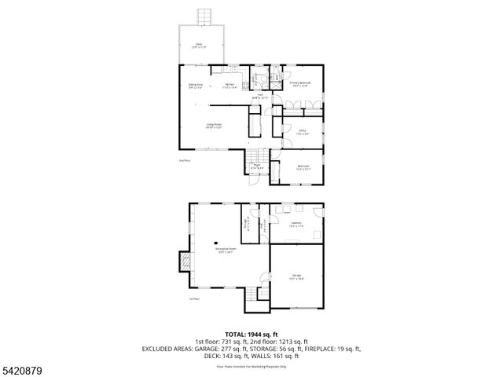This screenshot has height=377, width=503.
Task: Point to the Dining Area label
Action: [196, 85]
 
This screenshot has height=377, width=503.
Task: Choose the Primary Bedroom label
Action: [300, 84]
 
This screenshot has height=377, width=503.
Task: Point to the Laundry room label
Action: [296, 225]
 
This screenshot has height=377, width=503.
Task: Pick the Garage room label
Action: [296, 276]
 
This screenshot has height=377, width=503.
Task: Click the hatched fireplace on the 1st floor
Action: [185, 262]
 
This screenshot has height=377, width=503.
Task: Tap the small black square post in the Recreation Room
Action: [215, 243]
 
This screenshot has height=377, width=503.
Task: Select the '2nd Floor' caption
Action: [185, 160]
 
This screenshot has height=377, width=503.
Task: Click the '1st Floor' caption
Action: [194, 299]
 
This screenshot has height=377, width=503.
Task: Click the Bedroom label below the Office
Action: [303, 167]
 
